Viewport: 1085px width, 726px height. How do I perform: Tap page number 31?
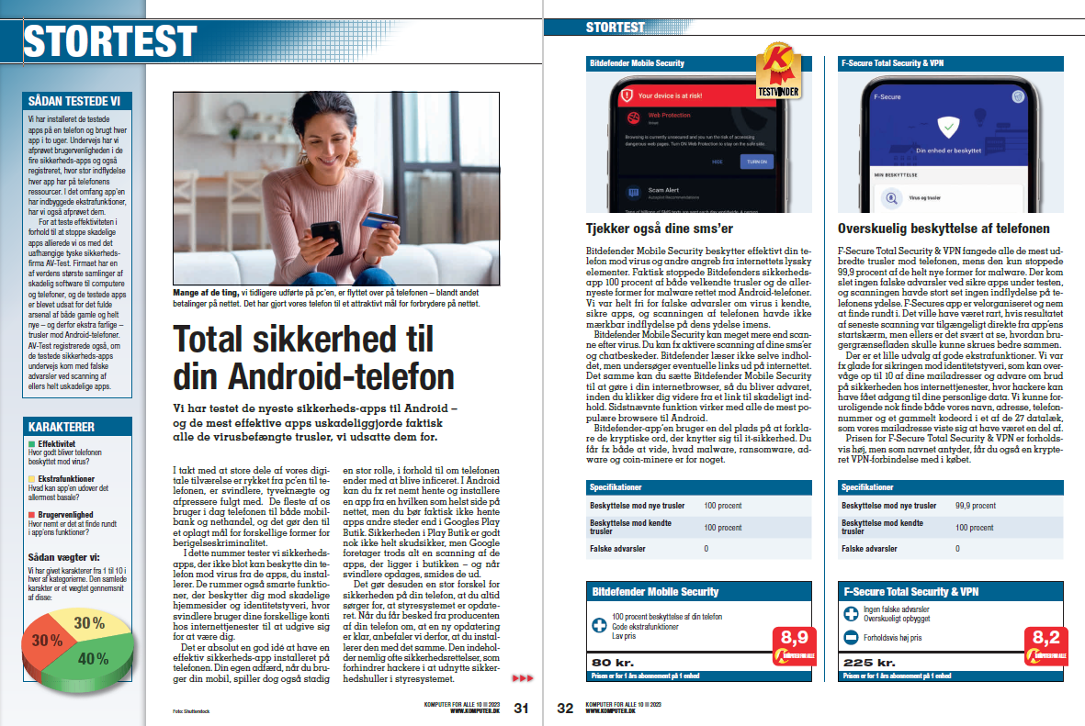(x=521, y=708)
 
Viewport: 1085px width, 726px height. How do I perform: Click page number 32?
(x=564, y=708)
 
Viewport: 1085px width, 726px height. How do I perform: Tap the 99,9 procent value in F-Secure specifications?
(x=975, y=505)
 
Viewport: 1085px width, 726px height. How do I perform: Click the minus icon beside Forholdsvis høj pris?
(x=851, y=635)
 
